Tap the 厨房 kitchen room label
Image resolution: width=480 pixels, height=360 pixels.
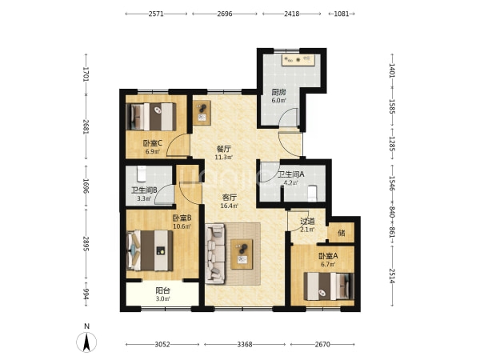[278, 92]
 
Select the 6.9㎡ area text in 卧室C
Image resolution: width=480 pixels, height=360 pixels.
[152, 151]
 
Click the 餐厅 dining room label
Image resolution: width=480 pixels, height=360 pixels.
[223, 149]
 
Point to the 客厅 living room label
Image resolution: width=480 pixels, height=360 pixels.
[229, 197]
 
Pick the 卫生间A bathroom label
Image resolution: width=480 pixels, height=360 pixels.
[291, 174]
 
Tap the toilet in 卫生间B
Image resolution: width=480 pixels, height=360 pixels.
[142, 174]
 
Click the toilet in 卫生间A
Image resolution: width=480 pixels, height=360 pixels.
[312, 194]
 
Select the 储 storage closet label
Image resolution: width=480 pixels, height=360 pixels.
[342, 233]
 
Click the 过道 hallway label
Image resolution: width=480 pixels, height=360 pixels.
[307, 221]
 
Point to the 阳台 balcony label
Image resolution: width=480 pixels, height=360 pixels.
[162, 290]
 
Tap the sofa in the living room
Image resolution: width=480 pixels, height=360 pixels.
[215, 253]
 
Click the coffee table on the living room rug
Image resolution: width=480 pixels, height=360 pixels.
[242, 254]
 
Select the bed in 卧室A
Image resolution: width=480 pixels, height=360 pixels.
[329, 286]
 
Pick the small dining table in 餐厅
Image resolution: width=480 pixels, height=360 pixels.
[202, 113]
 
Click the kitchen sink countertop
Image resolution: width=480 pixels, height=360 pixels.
[297, 60]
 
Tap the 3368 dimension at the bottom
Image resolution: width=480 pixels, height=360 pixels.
[245, 344]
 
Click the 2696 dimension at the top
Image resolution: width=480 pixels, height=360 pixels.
[225, 14]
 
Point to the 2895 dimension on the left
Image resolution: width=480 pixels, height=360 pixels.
[86, 244]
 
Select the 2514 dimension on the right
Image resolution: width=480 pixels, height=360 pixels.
[392, 276]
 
